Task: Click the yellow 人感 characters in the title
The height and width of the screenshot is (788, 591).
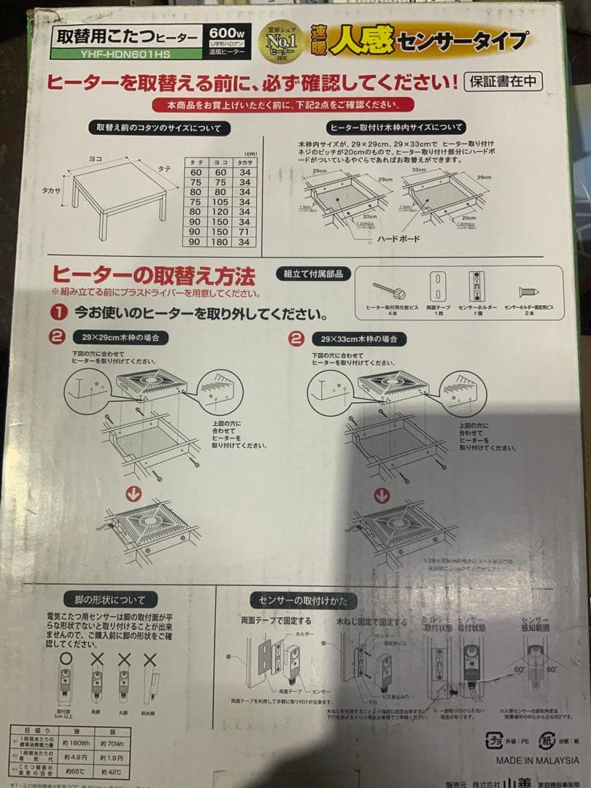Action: click(360, 41)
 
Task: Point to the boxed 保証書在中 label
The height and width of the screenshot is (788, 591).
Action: click(503, 81)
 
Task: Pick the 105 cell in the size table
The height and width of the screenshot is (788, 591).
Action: click(220, 202)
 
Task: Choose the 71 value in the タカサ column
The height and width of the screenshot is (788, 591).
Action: click(245, 231)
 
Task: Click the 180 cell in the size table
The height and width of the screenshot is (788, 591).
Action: click(220, 242)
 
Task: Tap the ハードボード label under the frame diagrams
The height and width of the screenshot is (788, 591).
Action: click(398, 239)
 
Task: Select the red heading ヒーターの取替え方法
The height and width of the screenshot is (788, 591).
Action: click(153, 277)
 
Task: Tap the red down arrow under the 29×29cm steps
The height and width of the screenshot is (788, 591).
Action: click(134, 494)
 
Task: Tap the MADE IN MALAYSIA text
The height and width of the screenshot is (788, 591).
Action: click(537, 760)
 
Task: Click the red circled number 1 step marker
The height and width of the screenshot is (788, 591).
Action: click(60, 314)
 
